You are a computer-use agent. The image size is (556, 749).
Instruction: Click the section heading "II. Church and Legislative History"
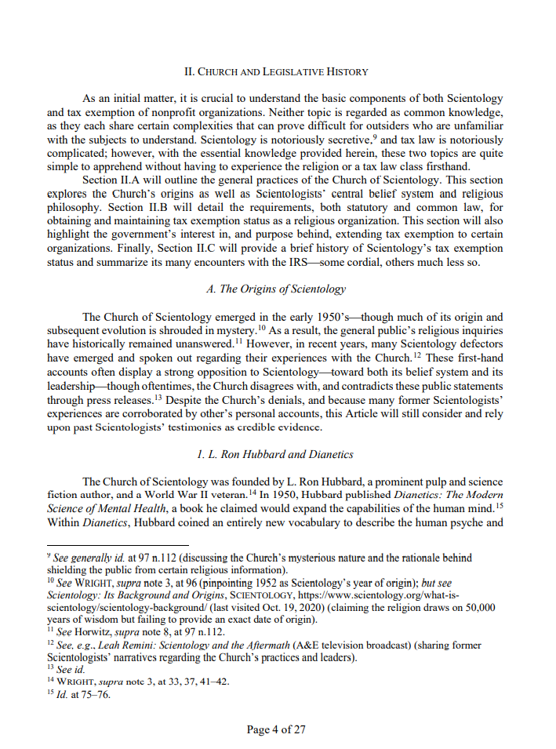point(275,72)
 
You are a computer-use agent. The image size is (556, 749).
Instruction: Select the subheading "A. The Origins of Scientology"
point(275,289)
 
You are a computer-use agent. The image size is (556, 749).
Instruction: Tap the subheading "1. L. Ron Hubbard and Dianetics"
point(275,454)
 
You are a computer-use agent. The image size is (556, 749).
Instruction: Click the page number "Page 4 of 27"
point(276,729)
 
